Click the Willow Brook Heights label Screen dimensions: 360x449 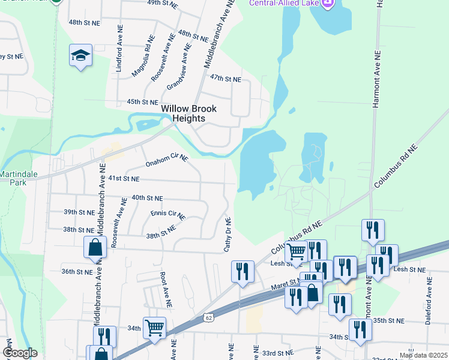[x=189, y=113]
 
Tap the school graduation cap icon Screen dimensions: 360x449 [x=80, y=56]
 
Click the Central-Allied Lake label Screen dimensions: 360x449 [x=286, y=4]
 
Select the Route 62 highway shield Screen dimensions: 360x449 [x=208, y=316]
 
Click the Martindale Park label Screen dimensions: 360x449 [x=17, y=178]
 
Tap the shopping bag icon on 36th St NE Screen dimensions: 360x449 [x=95, y=248]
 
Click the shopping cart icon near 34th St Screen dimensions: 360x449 [x=154, y=328]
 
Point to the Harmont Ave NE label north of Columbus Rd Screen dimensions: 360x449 [x=377, y=78]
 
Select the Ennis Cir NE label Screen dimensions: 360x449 [x=169, y=214]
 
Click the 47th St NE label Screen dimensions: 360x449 [x=225, y=79]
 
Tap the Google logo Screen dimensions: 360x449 [x=19, y=353]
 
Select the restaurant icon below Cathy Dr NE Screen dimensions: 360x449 [x=243, y=271]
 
